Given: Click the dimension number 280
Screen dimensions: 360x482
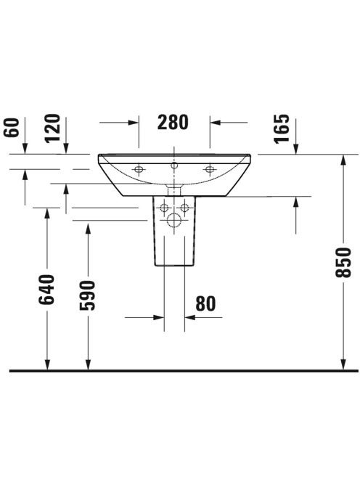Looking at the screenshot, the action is (x=173, y=122).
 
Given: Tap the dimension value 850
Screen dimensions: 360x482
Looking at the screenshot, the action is (x=343, y=263).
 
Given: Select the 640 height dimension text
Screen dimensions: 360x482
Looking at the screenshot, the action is (x=46, y=290).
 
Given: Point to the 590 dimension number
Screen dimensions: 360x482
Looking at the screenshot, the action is (x=88, y=295).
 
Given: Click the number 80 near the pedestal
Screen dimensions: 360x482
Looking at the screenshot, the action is (x=205, y=303).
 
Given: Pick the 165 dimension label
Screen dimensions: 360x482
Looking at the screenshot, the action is (x=282, y=128).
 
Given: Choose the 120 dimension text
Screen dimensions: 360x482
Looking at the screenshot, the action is (x=52, y=128).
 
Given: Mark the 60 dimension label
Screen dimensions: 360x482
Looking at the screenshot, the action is (x=12, y=127).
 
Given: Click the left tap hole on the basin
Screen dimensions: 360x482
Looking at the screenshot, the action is (x=139, y=169).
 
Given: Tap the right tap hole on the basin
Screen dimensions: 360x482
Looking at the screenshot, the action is (x=209, y=169).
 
